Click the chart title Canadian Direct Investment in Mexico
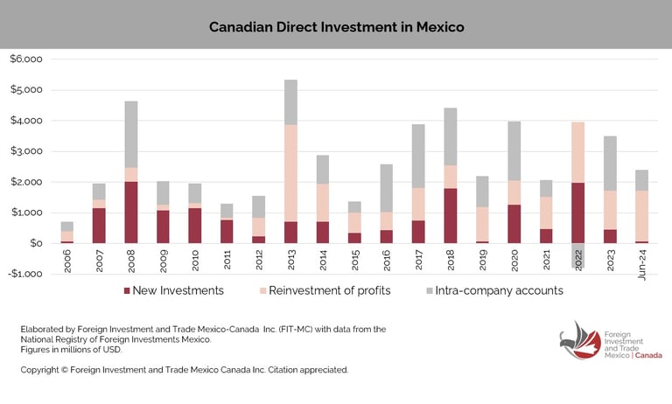coord(336,27)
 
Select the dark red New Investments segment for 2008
coord(131,212)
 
